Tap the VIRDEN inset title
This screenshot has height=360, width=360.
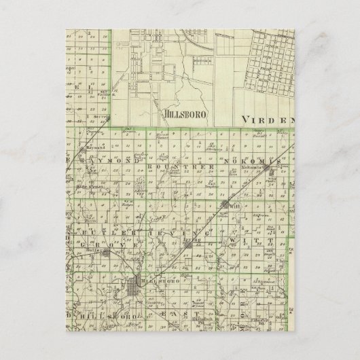[x=269, y=118]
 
